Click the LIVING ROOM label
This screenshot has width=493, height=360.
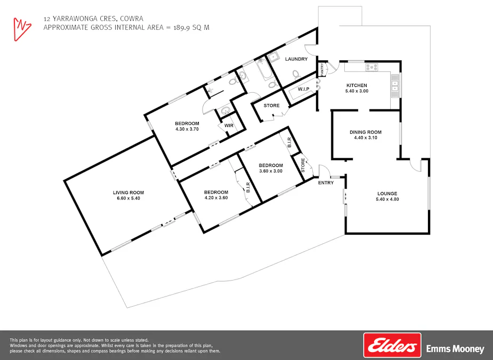pyautogui.click(x=128, y=193)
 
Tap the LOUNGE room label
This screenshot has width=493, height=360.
pyautogui.click(x=387, y=194)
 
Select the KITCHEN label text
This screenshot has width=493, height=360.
pyautogui.click(x=357, y=85)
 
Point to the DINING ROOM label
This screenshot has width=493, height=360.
pyautogui.click(x=366, y=132)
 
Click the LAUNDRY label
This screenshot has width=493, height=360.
pyautogui.click(x=296, y=59)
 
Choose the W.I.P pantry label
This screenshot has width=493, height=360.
pyautogui.click(x=304, y=89)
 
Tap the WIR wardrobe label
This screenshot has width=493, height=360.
pyautogui.click(x=229, y=126)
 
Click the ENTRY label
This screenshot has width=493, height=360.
pyautogui.click(x=326, y=183)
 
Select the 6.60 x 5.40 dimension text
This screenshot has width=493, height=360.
pyautogui.click(x=128, y=198)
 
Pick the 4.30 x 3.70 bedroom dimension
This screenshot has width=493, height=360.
pyautogui.click(x=187, y=129)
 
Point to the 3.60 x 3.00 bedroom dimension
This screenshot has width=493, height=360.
pyautogui.click(x=271, y=171)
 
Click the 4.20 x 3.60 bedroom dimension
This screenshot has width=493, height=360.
pyautogui.click(x=216, y=198)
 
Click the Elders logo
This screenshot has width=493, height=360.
pyautogui.click(x=392, y=345)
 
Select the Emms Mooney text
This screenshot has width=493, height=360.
pyautogui.click(x=455, y=349)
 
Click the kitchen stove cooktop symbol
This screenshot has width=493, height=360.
pyautogui.click(x=371, y=68)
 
